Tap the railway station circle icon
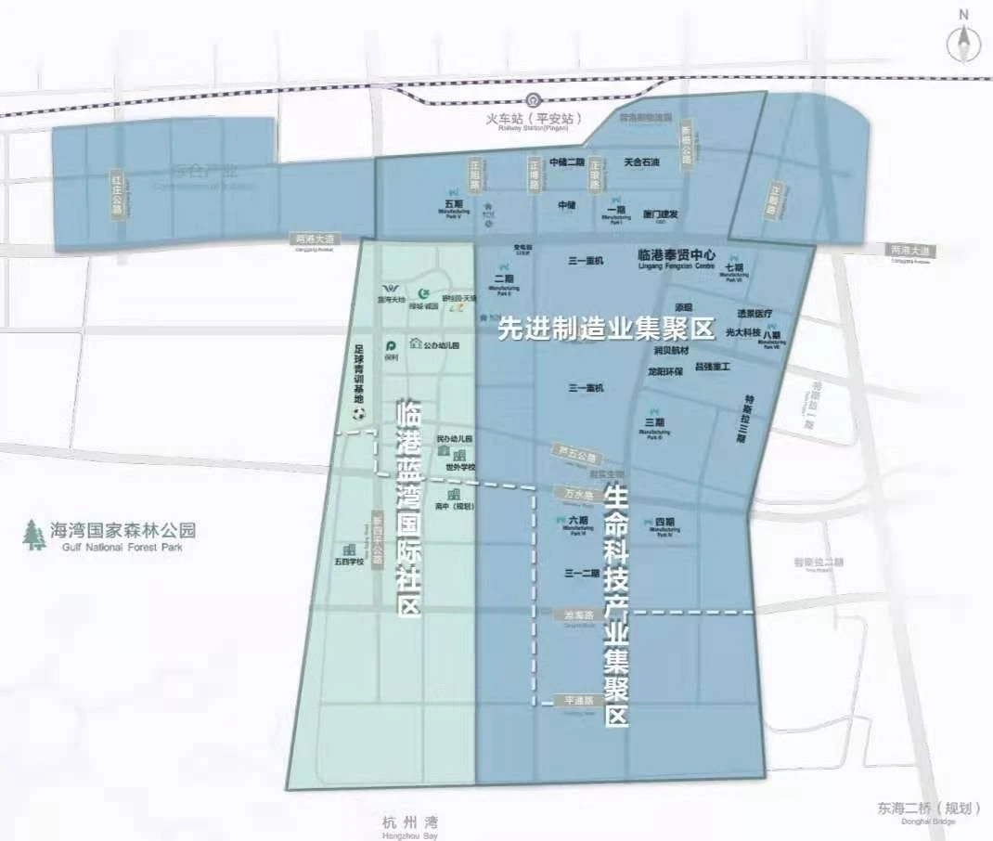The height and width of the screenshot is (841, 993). click(533, 101)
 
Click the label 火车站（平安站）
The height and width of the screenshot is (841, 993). click(533, 120)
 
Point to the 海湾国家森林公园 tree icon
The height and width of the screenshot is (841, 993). click(35, 534)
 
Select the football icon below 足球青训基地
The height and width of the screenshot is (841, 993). click(359, 412)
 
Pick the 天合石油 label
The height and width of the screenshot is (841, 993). click(641, 162)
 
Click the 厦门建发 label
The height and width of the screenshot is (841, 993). click(661, 213)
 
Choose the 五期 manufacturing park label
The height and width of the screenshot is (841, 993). click(454, 203)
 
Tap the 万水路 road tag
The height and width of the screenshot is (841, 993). click(573, 491)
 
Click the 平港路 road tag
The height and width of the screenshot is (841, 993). click(572, 701)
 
